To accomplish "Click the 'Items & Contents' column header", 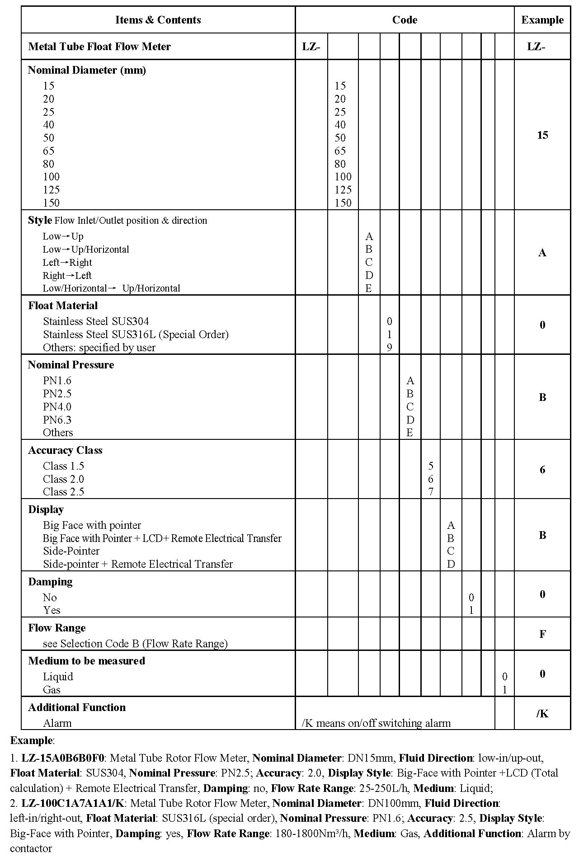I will click(158, 20).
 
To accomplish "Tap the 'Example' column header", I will click(542, 20).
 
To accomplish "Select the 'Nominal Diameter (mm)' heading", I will click(87, 70).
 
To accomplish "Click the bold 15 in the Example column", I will click(542, 135).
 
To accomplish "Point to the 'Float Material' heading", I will click(63, 306).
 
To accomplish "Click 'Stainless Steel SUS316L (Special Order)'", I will click(136, 334).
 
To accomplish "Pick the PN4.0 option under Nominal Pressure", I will click(57, 406).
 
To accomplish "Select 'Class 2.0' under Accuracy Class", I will click(63, 479).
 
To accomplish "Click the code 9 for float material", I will click(389, 347).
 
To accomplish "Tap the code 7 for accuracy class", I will click(431, 492).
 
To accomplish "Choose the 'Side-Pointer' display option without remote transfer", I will click(71, 551).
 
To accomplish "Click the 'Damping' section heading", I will click(50, 582).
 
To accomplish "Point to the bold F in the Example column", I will click(542, 634).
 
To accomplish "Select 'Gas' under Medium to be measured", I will click(52, 690).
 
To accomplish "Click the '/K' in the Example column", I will click(542, 713).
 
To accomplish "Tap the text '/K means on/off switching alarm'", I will click(376, 723).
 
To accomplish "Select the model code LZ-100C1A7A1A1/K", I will click(74, 803).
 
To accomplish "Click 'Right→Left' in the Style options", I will click(67, 275).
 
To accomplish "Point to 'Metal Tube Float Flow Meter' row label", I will click(99, 47).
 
